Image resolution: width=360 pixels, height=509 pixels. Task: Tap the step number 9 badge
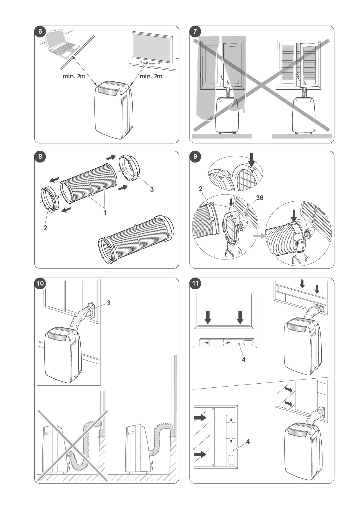tap(195, 156)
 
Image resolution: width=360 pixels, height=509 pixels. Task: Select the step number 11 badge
tap(195, 283)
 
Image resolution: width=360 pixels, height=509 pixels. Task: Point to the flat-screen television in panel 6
tap(152, 48)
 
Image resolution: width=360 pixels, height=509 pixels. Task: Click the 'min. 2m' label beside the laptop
tap(74, 77)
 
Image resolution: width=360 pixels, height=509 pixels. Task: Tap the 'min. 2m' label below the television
tap(151, 77)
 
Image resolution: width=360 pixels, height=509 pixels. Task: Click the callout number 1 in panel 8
tap(105, 212)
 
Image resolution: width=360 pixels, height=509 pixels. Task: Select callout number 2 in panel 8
tap(45, 228)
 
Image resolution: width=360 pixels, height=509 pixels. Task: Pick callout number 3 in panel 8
tap(152, 189)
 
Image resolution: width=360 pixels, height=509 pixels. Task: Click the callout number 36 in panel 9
tap(260, 198)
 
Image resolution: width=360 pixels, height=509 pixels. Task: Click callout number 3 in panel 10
tap(109, 303)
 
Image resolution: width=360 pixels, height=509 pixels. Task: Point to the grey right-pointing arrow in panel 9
tap(260, 236)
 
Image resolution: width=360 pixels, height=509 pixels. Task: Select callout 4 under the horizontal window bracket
tap(244, 360)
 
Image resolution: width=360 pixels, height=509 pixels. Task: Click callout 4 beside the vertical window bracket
tap(248, 442)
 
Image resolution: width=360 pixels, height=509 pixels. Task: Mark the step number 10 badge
tap(40, 283)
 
